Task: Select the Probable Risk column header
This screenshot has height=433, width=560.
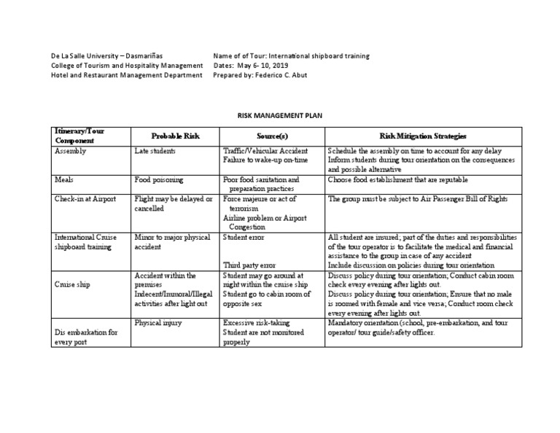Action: (174, 136)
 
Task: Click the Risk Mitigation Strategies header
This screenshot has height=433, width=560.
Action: (423, 136)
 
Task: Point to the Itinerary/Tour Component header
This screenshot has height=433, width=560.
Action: (79, 135)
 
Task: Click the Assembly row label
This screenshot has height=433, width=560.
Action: (70, 152)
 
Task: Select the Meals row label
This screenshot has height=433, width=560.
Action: (64, 179)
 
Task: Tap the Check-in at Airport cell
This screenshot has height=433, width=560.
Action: (84, 198)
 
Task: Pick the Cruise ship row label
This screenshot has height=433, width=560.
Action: (72, 284)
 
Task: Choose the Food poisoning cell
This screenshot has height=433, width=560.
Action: (159, 179)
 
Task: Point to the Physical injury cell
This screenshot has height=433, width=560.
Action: (158, 321)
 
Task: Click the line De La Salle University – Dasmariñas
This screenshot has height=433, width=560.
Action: (107, 55)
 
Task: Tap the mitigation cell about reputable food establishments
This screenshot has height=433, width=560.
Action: (398, 179)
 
